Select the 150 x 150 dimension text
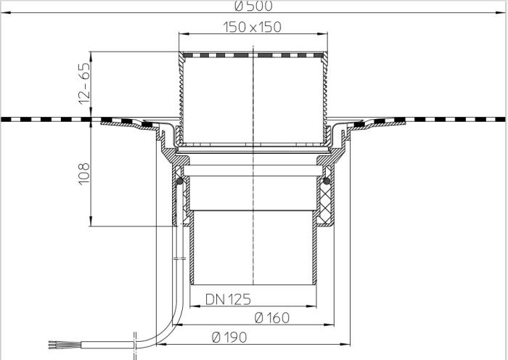pos(252,28)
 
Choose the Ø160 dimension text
pos(272,317)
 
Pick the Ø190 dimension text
pos(230,337)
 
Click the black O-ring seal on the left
pos(180,180)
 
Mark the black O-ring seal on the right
pos(327,180)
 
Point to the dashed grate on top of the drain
pos(252,54)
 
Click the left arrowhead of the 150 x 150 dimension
pos(180,34)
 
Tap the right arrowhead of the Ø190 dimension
pos(348,343)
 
